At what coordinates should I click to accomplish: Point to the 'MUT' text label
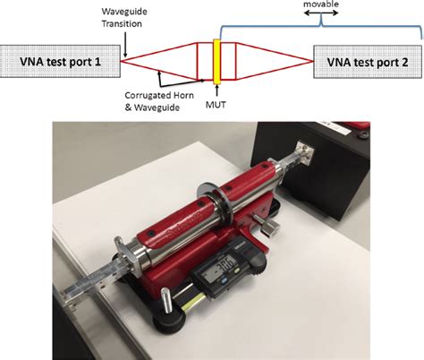point(216,108)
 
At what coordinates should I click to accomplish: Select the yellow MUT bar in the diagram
point(216,62)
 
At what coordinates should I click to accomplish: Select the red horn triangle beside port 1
point(161,62)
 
